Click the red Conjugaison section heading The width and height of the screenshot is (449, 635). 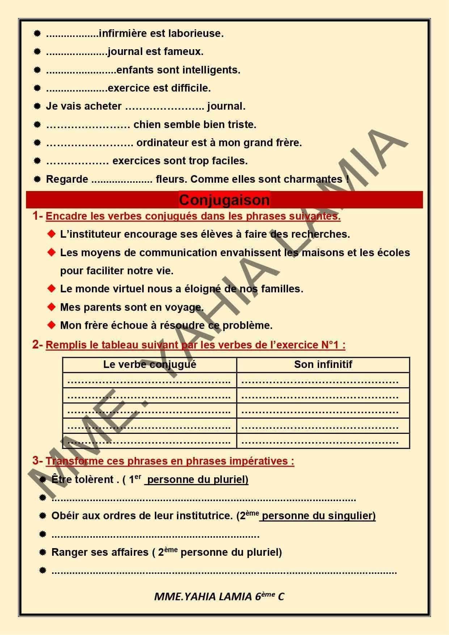(x=224, y=200)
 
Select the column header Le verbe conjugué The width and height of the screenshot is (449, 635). (x=149, y=364)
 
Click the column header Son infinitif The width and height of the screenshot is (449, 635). (x=323, y=364)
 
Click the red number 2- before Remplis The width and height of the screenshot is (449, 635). (x=37, y=345)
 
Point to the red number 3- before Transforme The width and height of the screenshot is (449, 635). (x=37, y=461)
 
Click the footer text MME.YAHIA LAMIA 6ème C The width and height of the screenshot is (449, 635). (x=219, y=597)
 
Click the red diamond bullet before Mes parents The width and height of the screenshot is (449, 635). (x=52, y=307)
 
